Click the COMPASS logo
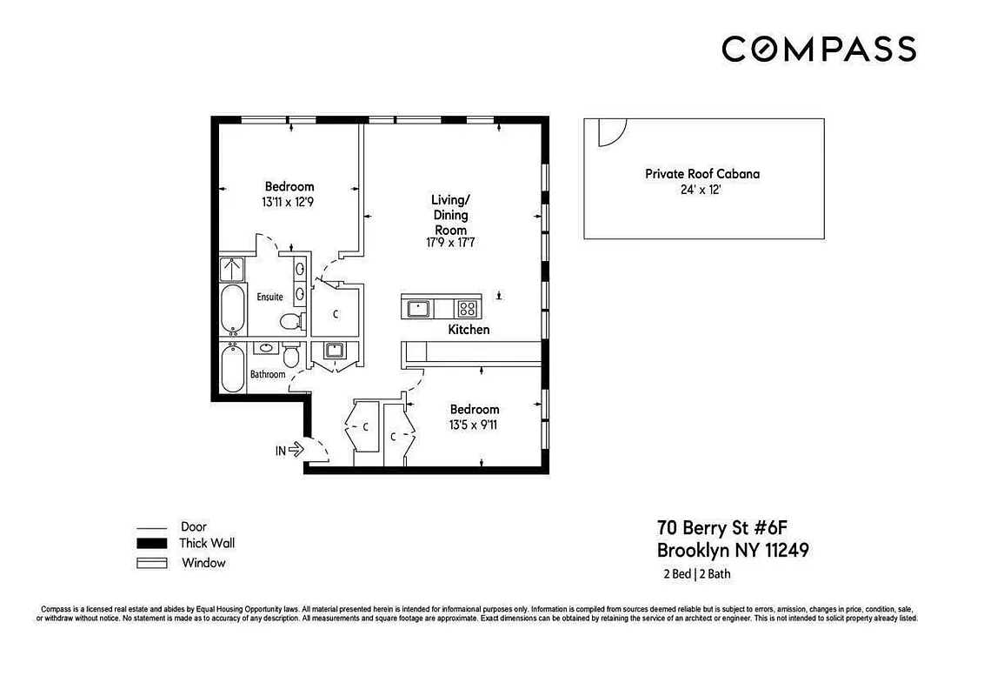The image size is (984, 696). (x=818, y=49)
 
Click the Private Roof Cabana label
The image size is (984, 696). (x=701, y=174)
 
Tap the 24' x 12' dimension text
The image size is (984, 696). (x=701, y=189)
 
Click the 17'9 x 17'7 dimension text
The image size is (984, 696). (x=450, y=244)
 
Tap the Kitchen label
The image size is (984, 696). (x=469, y=330)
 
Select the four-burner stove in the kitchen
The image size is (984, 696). (x=468, y=307)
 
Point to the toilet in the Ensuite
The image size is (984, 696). (x=293, y=322)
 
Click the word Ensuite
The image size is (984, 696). (x=269, y=298)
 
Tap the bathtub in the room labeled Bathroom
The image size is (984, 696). (x=232, y=370)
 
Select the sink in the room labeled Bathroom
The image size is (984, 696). (x=266, y=349)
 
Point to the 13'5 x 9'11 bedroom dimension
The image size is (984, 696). (x=474, y=425)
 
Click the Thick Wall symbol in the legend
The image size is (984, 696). (x=151, y=544)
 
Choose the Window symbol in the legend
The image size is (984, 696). (x=151, y=563)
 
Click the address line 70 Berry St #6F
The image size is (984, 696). (x=721, y=528)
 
